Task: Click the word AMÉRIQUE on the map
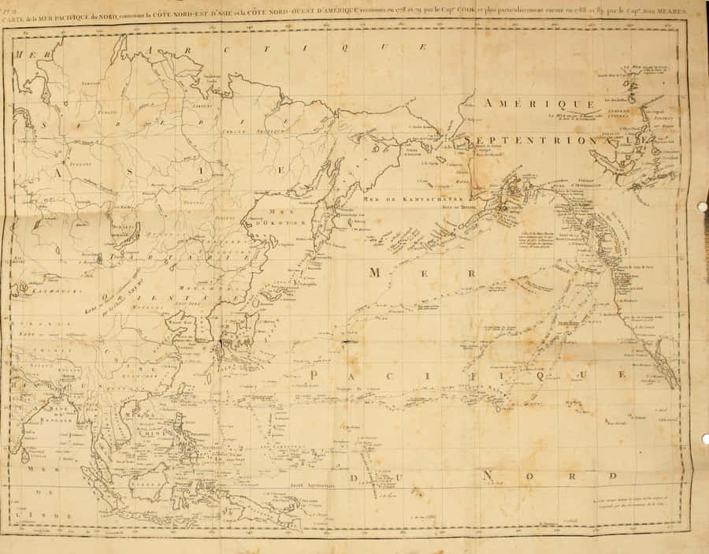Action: pos(538,104)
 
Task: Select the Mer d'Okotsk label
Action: pos(269,216)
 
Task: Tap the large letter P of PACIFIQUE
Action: pos(316,376)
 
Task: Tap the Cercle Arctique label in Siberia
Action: pos(240,131)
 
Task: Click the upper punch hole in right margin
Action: pos(702,206)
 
